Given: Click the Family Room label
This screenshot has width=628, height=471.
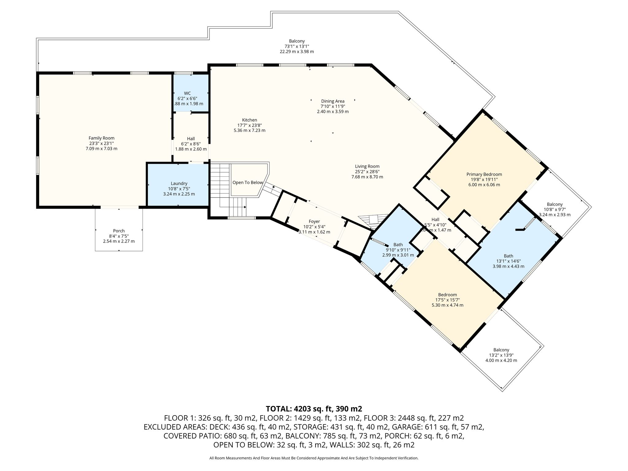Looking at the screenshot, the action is (101, 138).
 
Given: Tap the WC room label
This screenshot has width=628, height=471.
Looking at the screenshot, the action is (187, 93).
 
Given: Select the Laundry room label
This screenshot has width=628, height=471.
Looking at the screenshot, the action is (179, 183).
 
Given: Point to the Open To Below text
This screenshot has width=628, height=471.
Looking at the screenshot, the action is (248, 182).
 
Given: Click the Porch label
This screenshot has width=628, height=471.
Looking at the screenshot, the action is (119, 231).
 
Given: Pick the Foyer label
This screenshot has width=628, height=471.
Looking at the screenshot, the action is (314, 221).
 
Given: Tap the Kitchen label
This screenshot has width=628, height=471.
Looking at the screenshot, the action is (250, 120).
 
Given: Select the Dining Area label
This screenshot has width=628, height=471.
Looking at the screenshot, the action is (333, 101).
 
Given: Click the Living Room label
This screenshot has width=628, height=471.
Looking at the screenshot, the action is (367, 167).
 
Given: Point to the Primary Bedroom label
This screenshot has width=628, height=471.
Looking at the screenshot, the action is (484, 174).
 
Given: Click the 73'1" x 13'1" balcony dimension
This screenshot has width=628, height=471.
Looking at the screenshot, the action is (297, 46).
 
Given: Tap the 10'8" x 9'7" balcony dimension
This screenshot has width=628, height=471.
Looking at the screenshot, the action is (555, 209).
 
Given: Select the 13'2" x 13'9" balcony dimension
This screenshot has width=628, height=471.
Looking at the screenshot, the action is (501, 355).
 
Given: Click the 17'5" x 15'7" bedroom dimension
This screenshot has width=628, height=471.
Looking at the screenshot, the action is (447, 300).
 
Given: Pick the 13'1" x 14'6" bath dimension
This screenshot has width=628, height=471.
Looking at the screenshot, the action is (508, 261).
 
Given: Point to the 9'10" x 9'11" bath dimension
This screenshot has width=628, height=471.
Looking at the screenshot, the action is (398, 250).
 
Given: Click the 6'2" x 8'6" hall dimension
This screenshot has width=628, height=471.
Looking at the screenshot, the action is (191, 144).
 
